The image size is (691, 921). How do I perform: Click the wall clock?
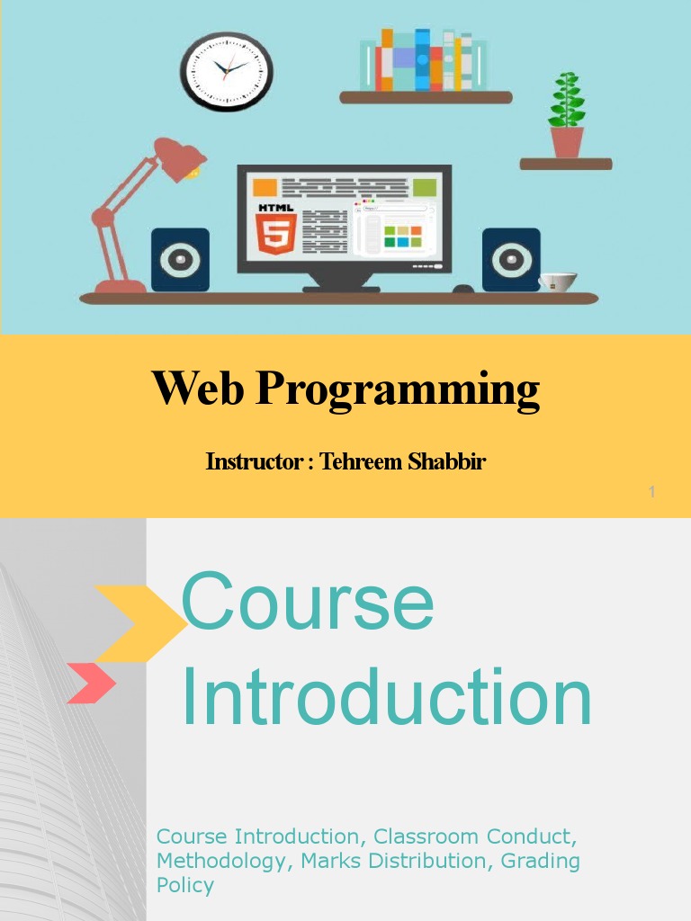227,71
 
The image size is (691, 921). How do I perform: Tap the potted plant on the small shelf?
567,117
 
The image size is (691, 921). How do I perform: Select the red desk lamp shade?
180,159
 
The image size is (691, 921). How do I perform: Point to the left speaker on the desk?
180,259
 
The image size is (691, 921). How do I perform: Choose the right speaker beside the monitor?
511,259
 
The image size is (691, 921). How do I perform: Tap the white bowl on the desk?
558,282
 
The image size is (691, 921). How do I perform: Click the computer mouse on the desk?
463,289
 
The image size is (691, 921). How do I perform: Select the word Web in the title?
198,389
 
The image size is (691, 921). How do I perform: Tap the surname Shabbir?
448,462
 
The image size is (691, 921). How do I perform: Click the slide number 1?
651,492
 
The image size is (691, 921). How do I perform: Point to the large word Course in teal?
308,602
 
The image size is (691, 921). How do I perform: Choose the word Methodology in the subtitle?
220,861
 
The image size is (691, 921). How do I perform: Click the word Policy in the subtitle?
185,885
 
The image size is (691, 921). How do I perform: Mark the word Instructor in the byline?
253,462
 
